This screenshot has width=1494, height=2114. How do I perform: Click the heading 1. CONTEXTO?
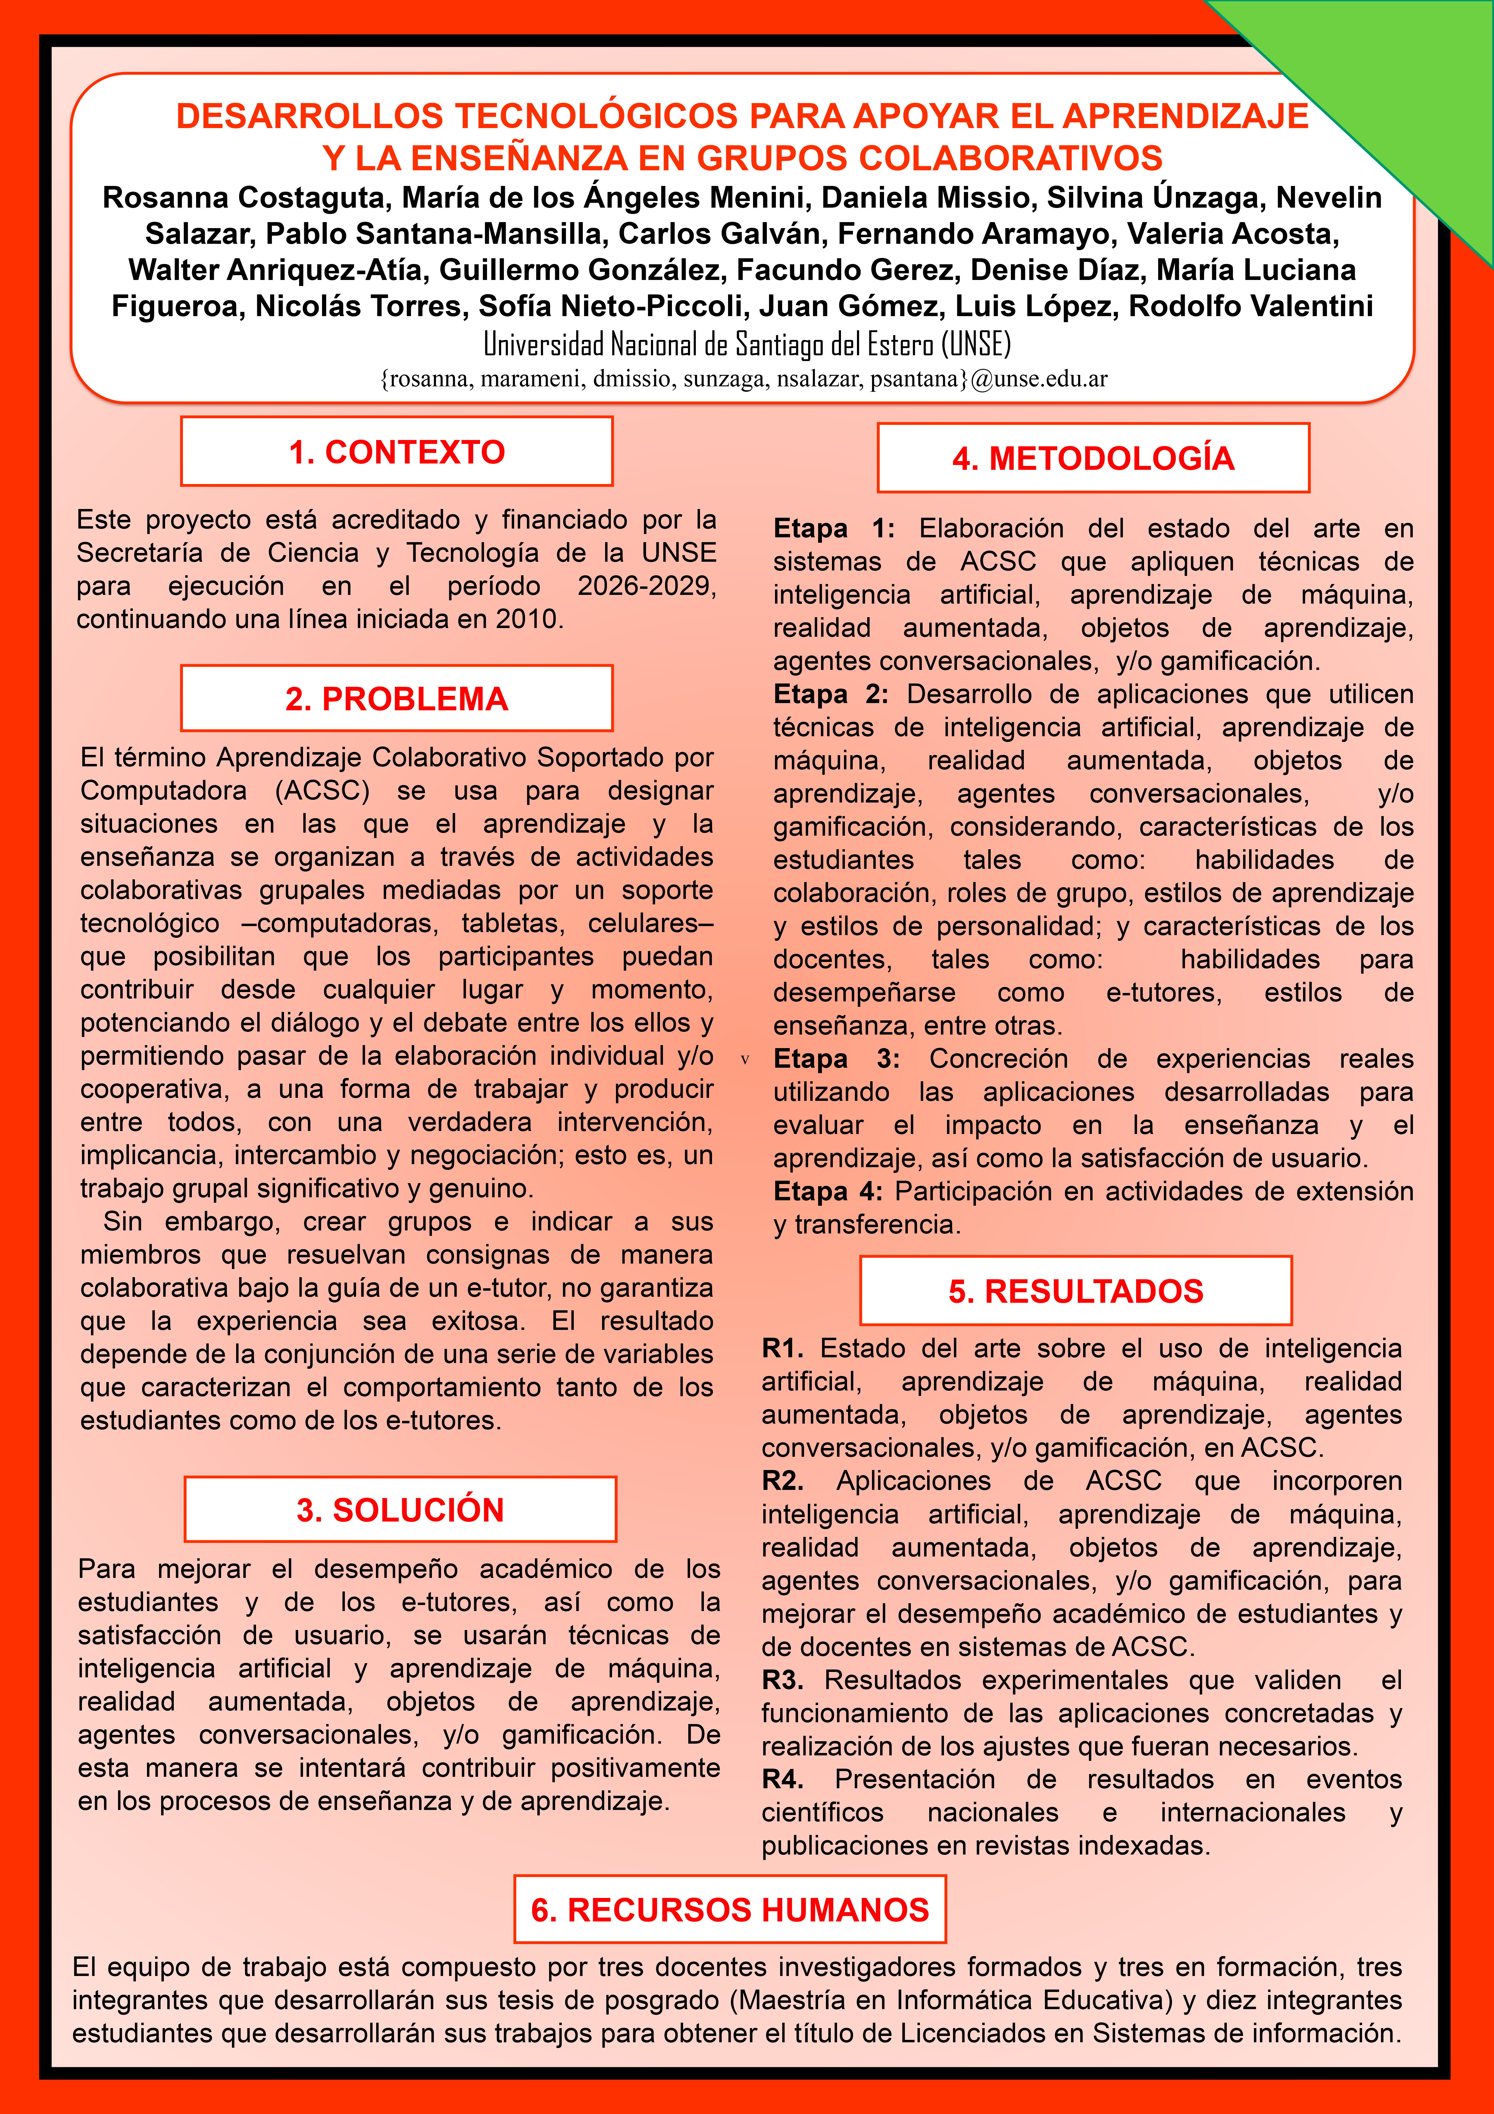coord(397,452)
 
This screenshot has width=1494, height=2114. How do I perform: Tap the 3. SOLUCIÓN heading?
coord(400,1510)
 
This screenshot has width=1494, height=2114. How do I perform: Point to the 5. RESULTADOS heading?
coord(1075,1291)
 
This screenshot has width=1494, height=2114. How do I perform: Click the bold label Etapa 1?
coord(833,529)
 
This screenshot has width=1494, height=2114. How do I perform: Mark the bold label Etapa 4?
coord(827,1192)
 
